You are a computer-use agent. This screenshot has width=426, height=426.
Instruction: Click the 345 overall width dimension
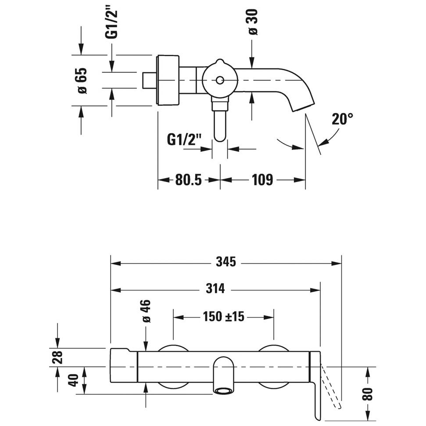[x=226, y=262]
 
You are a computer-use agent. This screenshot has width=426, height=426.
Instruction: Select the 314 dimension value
[x=215, y=289]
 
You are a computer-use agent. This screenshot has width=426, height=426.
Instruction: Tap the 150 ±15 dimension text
[x=223, y=316]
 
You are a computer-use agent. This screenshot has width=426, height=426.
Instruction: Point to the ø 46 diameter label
[x=146, y=311]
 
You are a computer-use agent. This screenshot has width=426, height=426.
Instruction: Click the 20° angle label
[x=342, y=119]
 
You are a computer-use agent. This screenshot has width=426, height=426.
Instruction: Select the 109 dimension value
[x=262, y=179]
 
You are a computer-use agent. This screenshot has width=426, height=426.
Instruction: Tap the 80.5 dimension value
[x=188, y=179]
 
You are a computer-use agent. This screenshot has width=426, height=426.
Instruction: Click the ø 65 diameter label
[x=82, y=81]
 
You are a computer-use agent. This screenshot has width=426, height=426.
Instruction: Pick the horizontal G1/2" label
[x=184, y=140]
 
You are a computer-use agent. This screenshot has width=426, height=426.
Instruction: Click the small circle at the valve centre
[x=220, y=80]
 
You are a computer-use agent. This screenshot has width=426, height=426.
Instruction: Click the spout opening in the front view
[x=224, y=389]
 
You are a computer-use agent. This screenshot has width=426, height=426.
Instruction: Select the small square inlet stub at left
[x=150, y=80]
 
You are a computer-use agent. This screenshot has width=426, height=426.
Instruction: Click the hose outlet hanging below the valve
[x=220, y=125]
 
